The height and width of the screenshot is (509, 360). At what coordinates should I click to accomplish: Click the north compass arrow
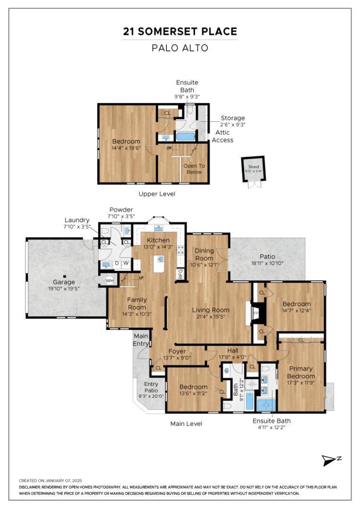(x=329, y=460)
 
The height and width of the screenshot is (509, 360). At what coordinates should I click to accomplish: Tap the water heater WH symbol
(x=109, y=280)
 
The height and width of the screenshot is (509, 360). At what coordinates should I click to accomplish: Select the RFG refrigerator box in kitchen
(x=180, y=274)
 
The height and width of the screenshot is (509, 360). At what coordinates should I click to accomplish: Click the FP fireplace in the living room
(x=256, y=313)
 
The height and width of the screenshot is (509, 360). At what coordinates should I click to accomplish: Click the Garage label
(x=64, y=282)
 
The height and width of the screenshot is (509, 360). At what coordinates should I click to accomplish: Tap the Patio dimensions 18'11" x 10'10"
(x=267, y=263)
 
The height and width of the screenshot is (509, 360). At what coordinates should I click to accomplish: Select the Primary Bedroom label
(x=301, y=372)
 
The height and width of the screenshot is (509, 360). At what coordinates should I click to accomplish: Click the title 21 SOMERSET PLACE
(x=180, y=32)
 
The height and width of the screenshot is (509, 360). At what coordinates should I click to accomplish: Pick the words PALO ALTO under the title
(x=180, y=48)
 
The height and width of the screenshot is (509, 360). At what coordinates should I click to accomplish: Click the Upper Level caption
(x=157, y=194)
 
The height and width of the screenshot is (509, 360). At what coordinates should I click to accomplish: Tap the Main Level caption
(x=186, y=424)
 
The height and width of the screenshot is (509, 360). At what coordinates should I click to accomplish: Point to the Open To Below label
(x=194, y=169)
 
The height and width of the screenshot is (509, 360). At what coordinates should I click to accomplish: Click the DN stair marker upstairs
(x=169, y=148)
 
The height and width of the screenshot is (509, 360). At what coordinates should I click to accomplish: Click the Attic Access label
(x=223, y=136)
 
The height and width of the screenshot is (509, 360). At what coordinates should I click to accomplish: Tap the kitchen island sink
(x=159, y=259)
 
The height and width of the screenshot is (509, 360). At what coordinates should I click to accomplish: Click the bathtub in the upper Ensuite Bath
(x=185, y=136)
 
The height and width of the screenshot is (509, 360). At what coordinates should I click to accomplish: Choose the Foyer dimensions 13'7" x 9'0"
(x=177, y=358)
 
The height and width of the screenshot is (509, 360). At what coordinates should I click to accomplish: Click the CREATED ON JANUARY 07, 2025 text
(x=50, y=480)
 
